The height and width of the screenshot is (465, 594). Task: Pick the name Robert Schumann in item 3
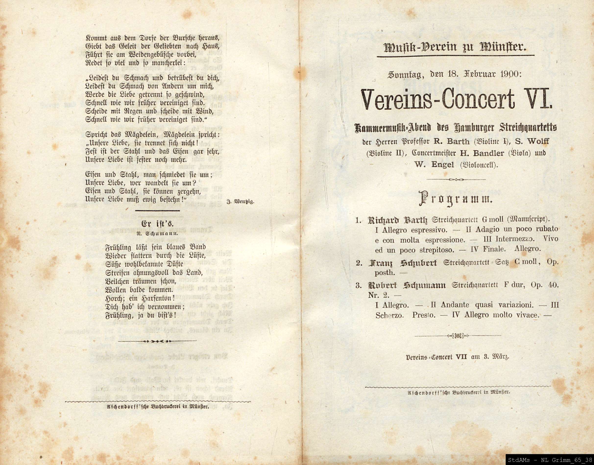[x=407, y=285]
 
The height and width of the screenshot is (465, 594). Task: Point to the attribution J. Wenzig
[x=240, y=202]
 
